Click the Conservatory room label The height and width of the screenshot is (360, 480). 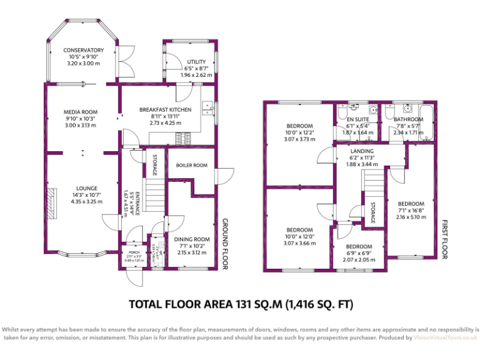[82, 50]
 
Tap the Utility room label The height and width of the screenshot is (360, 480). [196, 61]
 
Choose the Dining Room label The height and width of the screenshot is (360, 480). [192, 239]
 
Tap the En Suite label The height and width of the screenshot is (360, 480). [358, 119]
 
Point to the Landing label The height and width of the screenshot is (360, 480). [362, 151]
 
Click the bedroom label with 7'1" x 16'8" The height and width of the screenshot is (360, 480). [411, 204]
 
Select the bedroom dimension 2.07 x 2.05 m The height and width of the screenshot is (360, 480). [359, 259]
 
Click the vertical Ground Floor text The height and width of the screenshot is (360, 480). [226, 244]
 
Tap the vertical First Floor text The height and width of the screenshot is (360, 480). [445, 239]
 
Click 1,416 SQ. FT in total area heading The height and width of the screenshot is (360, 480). [319, 304]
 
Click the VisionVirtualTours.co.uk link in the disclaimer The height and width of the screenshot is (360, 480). [445, 337]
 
